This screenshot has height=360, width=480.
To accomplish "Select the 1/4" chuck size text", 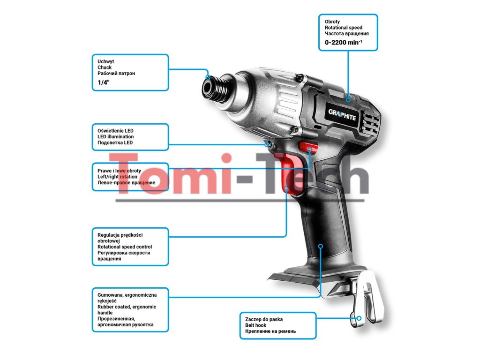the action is pos(103,82).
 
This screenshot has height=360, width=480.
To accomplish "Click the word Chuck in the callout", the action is pos(105,67).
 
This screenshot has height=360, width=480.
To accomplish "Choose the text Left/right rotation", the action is pos(117,177).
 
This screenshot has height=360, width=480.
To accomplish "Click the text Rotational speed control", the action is pos(125,247).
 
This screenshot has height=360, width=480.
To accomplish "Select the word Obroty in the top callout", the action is pos(332,22).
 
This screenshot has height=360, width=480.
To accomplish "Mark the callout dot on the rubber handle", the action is pos(321,246).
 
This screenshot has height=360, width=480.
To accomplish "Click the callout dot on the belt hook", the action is pos(359,317).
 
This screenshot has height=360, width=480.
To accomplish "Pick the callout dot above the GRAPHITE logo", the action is pos(348,99).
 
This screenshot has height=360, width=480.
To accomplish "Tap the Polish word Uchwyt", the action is pos(105,61).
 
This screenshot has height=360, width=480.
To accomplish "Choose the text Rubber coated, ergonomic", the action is pos(127,307).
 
